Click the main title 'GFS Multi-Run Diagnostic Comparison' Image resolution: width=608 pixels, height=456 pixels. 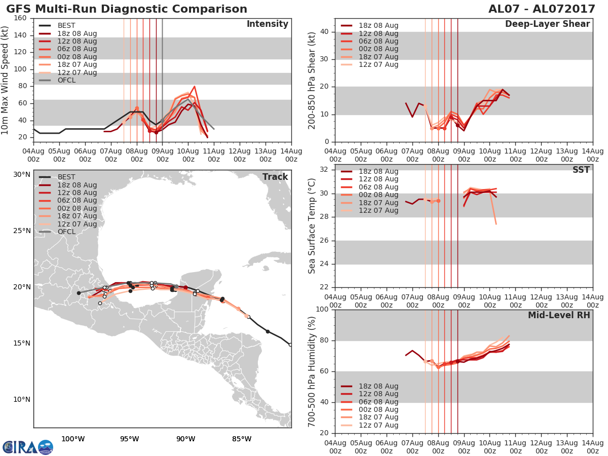127,9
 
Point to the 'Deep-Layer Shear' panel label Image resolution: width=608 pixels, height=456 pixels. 547,24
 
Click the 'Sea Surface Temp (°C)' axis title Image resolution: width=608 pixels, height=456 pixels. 313,226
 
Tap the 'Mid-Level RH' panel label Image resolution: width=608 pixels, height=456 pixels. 559,315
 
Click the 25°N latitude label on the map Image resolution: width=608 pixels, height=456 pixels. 22,231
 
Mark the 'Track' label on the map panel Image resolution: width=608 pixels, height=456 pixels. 275,177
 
